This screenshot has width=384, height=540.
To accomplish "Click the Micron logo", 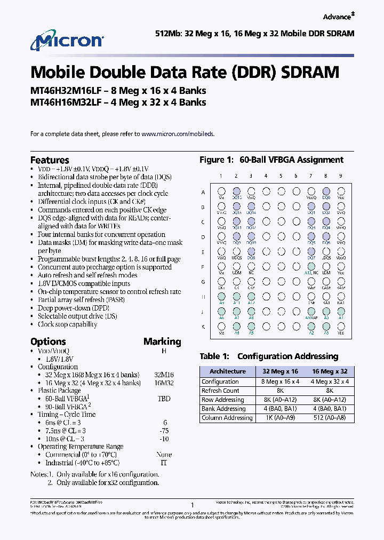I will click(x=67, y=42).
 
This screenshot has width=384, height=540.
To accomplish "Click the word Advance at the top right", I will click(x=337, y=17).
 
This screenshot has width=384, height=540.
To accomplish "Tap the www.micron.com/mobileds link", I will click(x=178, y=134).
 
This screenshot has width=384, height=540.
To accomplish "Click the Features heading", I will click(x=50, y=160).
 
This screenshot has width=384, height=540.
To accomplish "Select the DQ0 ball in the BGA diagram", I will click(x=326, y=192).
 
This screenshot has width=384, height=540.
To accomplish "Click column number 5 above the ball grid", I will click(x=281, y=176).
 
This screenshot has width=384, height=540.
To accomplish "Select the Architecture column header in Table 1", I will click(x=228, y=371).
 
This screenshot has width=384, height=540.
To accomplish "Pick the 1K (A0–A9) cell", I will click(x=281, y=418).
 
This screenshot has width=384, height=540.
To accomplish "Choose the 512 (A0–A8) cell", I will click(x=330, y=418).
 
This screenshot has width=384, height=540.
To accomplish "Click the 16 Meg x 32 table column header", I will click(x=330, y=371).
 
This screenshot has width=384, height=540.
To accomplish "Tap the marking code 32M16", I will click(x=164, y=375).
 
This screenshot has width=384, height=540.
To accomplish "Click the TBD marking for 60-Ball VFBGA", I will click(x=164, y=399).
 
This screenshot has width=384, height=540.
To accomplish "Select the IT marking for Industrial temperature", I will click(x=164, y=463).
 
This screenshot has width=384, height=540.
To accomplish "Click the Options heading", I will click(x=48, y=342).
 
